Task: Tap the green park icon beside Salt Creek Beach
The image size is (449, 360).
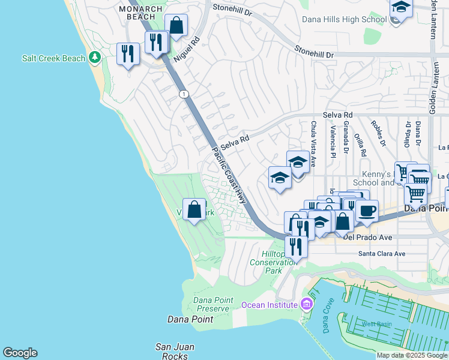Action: (x=94, y=58)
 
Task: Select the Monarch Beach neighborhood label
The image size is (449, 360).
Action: (x=140, y=14)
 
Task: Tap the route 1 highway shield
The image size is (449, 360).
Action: (x=183, y=94)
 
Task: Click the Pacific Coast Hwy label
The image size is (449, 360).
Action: (x=229, y=175)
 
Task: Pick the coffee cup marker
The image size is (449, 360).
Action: (x=367, y=211)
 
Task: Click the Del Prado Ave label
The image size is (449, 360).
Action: (x=369, y=238)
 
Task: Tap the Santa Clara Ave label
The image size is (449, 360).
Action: (x=382, y=254)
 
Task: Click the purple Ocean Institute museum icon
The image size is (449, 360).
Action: (x=307, y=305)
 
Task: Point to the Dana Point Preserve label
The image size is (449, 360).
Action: (x=211, y=304)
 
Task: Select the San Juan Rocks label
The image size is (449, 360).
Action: (x=174, y=351)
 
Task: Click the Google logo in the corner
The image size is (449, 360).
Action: (x=20, y=353)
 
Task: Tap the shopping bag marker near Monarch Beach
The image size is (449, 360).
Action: (x=176, y=26)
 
